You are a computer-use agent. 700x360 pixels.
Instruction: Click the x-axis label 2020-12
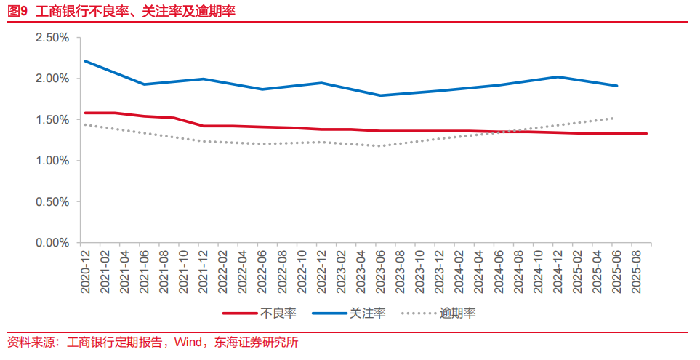click(x=86, y=270)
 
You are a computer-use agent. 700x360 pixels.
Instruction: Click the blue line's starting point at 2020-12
click(x=85, y=61)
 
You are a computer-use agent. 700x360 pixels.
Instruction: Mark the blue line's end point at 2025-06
click(x=617, y=86)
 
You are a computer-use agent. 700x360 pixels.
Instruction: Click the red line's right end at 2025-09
click(x=646, y=133)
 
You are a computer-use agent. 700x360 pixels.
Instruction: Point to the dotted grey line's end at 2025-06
click(x=614, y=118)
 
